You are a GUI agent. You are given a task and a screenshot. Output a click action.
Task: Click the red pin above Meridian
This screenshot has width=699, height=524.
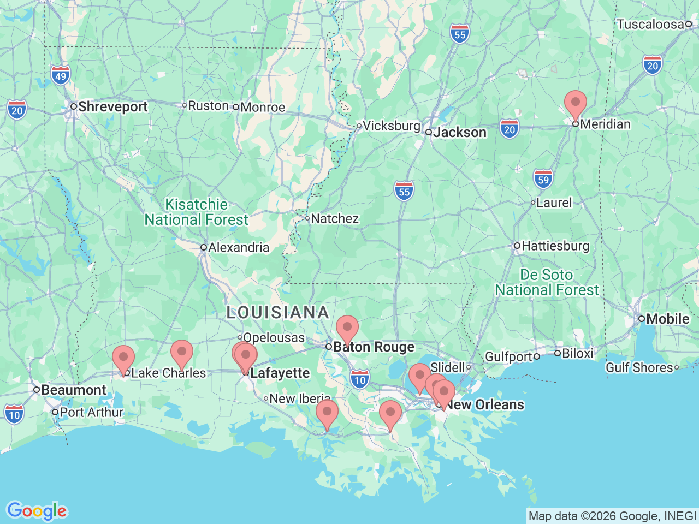click(575, 104)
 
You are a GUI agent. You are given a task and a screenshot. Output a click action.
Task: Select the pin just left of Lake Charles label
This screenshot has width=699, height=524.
click(123, 359)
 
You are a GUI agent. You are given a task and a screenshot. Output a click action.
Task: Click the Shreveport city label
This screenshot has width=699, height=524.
click(112, 106)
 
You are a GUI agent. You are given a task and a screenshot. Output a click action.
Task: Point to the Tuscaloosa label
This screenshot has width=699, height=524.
click(650, 24)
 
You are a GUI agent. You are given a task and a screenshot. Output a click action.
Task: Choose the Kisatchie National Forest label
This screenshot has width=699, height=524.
click(196, 212)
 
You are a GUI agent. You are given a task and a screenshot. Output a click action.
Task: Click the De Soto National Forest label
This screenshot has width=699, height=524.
click(547, 282)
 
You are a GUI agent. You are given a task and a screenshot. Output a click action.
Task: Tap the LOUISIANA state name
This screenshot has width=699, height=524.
click(278, 312)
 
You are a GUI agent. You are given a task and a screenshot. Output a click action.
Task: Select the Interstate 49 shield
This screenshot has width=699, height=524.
click(61, 75)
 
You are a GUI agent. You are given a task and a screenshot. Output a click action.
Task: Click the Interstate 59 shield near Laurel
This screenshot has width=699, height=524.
click(543, 179)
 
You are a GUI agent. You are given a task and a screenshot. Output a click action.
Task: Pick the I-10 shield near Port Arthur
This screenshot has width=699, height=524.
click(14, 414)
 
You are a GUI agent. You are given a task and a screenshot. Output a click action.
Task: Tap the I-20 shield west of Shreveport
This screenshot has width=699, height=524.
click(17, 110)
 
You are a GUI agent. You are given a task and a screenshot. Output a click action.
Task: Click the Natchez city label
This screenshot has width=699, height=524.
click(335, 218)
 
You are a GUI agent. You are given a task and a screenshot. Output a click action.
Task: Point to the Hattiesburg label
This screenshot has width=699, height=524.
click(555, 246)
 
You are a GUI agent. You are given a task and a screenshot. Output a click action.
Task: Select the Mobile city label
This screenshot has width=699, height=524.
click(667, 319)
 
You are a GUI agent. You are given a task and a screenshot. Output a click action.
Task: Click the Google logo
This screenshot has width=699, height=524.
click(37, 511)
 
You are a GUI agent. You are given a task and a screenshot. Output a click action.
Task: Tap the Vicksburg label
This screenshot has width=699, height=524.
click(391, 126)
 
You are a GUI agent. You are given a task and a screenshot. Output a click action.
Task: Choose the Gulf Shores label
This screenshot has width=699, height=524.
click(639, 367)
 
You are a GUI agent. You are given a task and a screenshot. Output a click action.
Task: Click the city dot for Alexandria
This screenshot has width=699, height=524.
click(204, 247)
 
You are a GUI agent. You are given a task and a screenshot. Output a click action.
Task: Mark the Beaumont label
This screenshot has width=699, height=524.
click(74, 390)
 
